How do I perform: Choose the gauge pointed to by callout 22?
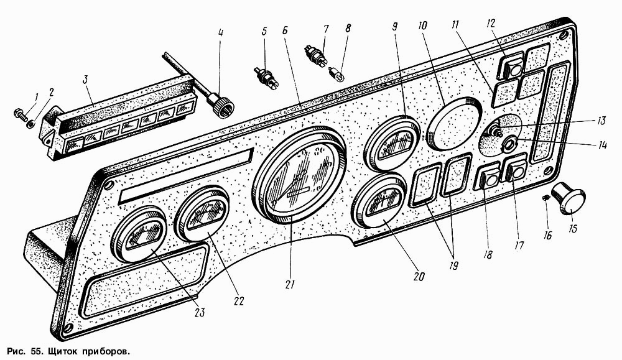203,215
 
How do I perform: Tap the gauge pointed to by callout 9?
392,142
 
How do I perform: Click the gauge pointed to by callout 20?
378,205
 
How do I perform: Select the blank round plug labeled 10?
454,124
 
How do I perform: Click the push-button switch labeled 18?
488,180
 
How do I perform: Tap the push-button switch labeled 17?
516,170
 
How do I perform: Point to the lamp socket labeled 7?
317,57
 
